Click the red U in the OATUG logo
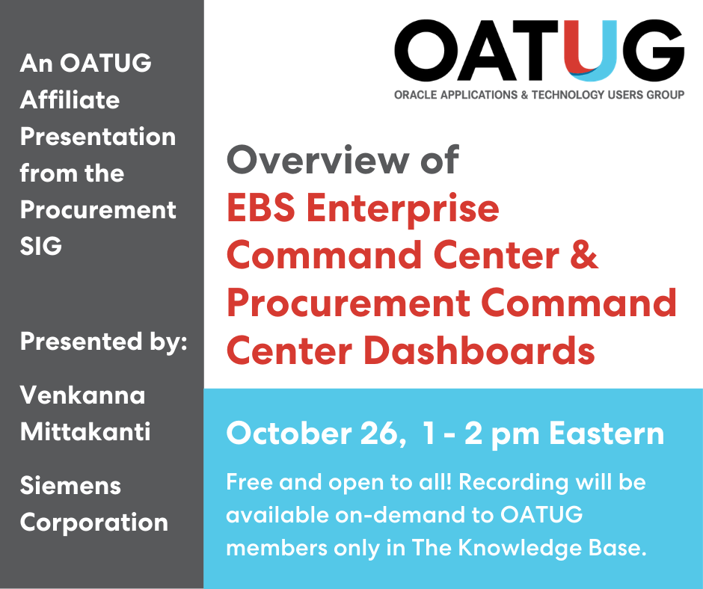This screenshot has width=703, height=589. (590, 52)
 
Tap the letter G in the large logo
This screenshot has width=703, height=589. (651, 51)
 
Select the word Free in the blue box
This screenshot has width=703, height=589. (249, 482)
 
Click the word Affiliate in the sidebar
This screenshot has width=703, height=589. (70, 99)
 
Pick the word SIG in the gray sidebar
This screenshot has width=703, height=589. (41, 247)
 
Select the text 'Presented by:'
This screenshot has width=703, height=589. (102, 342)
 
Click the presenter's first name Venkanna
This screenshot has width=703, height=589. (82, 395)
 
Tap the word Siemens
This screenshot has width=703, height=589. (70, 485)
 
